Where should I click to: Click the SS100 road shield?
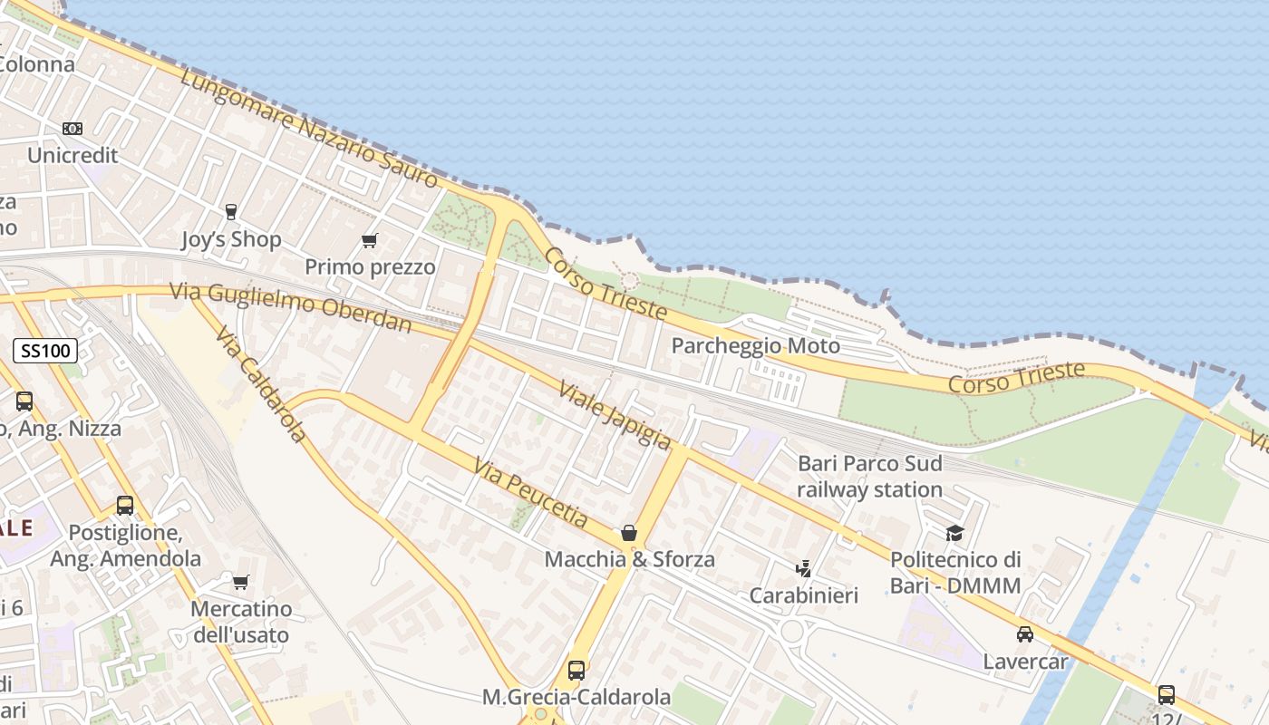[45, 351]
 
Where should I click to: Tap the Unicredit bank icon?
[73, 129]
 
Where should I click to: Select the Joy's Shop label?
[231, 239]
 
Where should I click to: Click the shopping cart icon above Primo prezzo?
[369, 240]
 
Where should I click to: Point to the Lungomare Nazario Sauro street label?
[308, 127]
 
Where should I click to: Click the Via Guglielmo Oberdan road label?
[290, 307]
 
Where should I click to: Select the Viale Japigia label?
[615, 414]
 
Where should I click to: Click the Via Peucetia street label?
[543, 490]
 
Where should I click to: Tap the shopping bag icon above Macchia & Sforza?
[629, 533]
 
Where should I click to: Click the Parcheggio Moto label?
[755, 346]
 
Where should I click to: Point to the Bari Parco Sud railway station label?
[869, 477]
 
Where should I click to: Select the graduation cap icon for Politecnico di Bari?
[954, 533]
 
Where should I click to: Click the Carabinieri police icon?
[803, 569]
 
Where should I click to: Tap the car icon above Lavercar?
[1025, 634]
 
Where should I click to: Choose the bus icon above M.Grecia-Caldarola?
[576, 671]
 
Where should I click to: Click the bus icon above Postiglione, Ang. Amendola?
[125, 506]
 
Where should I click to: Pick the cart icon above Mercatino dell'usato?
[240, 582]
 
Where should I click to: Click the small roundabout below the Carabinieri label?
[792, 631]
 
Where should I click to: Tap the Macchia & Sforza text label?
[629, 559]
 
